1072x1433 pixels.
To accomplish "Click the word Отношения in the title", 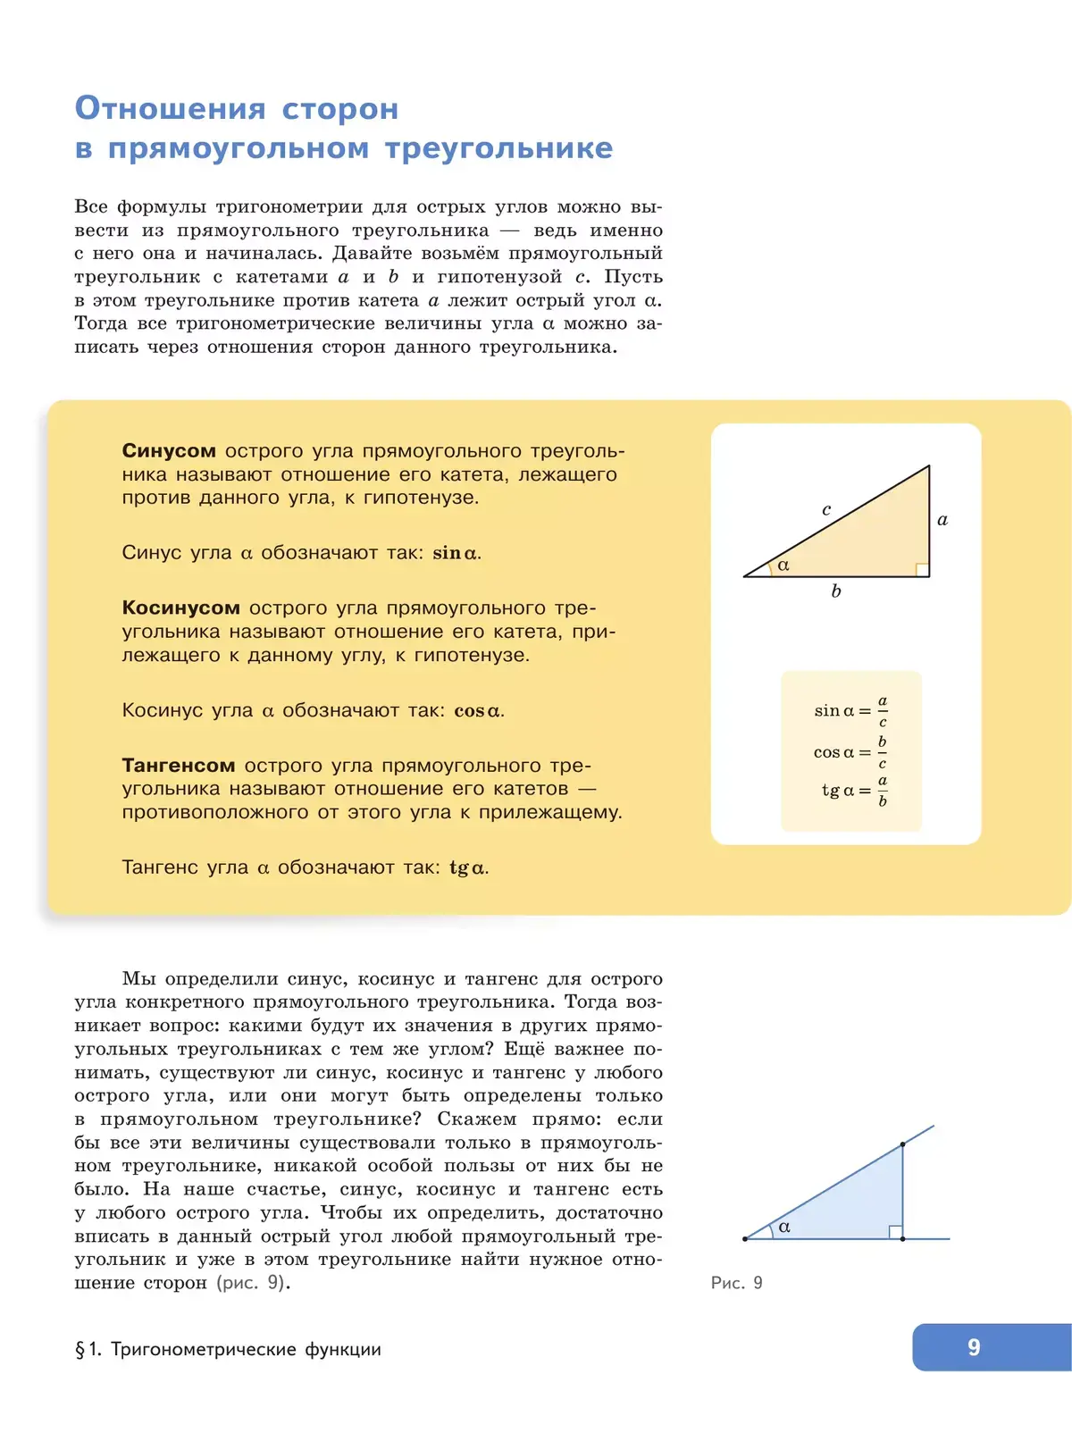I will [x=170, y=108].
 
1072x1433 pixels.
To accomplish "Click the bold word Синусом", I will [x=169, y=451].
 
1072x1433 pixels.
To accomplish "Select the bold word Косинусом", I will [x=180, y=608].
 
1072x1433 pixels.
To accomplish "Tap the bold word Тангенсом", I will [x=178, y=766].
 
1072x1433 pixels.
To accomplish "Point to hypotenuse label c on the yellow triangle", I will [x=826, y=510].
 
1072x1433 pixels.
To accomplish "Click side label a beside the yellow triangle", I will [x=942, y=520].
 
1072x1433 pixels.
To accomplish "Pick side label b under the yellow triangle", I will [x=836, y=591].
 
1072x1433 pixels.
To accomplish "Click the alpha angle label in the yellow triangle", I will [x=783, y=566].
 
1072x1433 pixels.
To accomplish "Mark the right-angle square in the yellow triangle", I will [x=922, y=569].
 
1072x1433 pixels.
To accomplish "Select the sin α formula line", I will [x=850, y=711].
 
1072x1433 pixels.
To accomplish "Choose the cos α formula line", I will [x=850, y=752].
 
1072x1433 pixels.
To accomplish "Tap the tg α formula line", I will [x=854, y=791].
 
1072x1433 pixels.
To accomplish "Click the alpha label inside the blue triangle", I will [x=784, y=1228].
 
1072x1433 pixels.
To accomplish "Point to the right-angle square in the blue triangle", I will [x=895, y=1232].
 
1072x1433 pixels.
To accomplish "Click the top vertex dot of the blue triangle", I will [x=903, y=1144].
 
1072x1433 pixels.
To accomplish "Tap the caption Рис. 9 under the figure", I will [x=736, y=1283].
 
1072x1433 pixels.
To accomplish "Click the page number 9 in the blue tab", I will [x=974, y=1347].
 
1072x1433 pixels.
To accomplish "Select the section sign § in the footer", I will [x=80, y=1350].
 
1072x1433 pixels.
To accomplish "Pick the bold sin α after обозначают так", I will [x=455, y=554].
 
